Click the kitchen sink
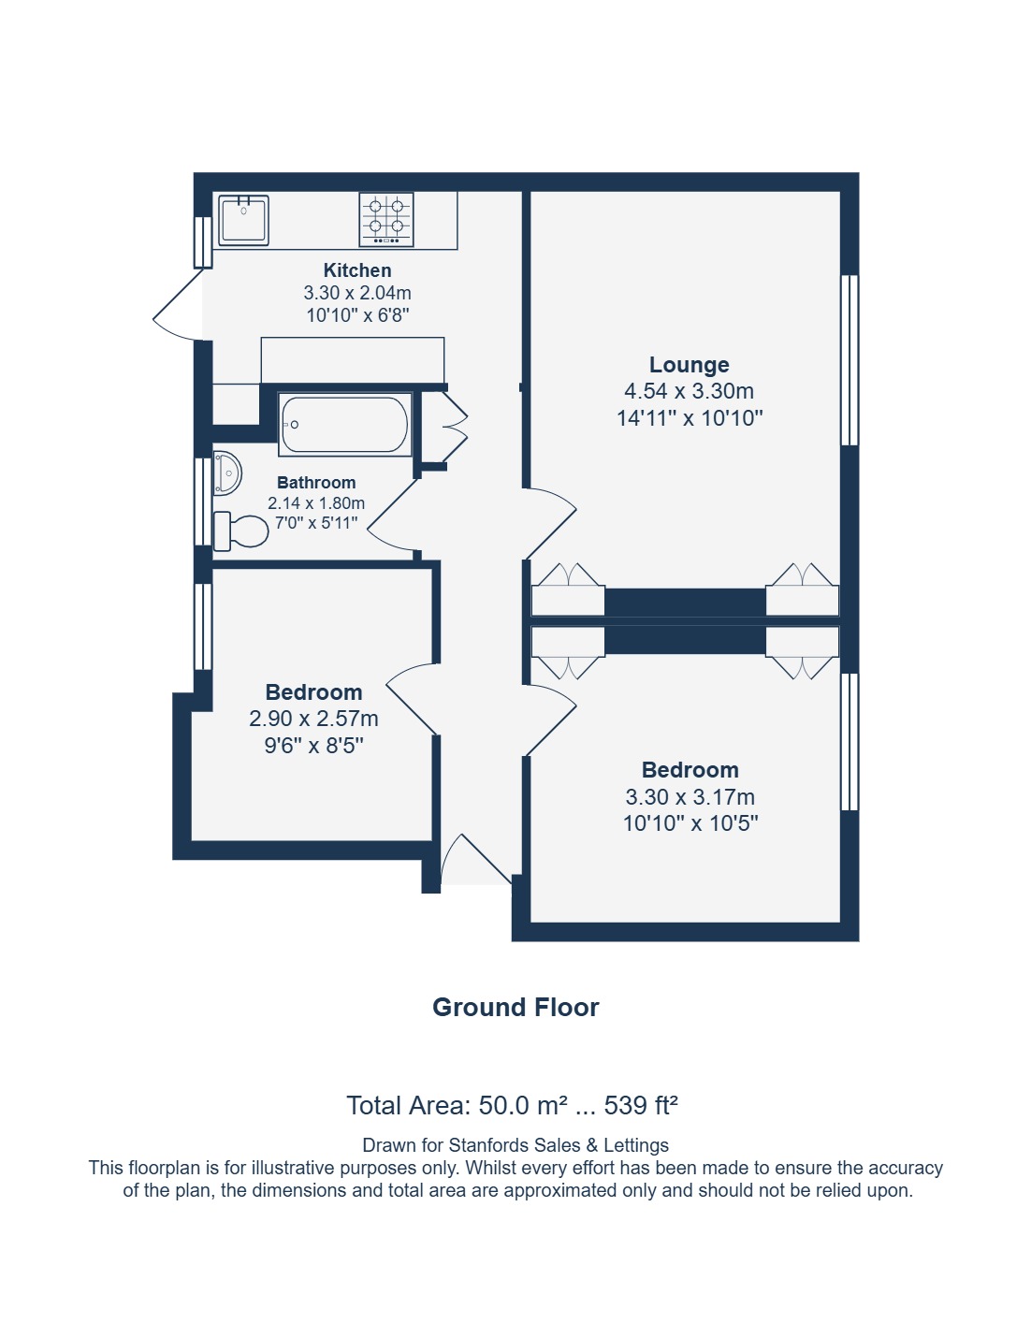click(x=244, y=221)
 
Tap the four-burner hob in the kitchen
click(x=386, y=220)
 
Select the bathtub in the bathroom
click(x=344, y=424)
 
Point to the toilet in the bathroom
click(x=240, y=531)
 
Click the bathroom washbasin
click(x=227, y=473)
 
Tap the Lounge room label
click(x=690, y=365)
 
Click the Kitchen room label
click(x=357, y=270)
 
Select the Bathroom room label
click(x=316, y=482)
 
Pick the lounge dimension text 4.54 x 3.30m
click(x=690, y=391)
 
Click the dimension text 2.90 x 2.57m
click(x=314, y=719)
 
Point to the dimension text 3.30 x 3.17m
click(x=690, y=797)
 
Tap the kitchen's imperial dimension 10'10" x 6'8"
click(x=357, y=315)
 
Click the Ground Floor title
click(x=515, y=1008)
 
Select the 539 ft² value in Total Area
click(x=641, y=1106)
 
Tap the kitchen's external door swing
click(x=178, y=305)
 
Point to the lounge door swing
click(x=550, y=523)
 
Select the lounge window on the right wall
click(x=849, y=360)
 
